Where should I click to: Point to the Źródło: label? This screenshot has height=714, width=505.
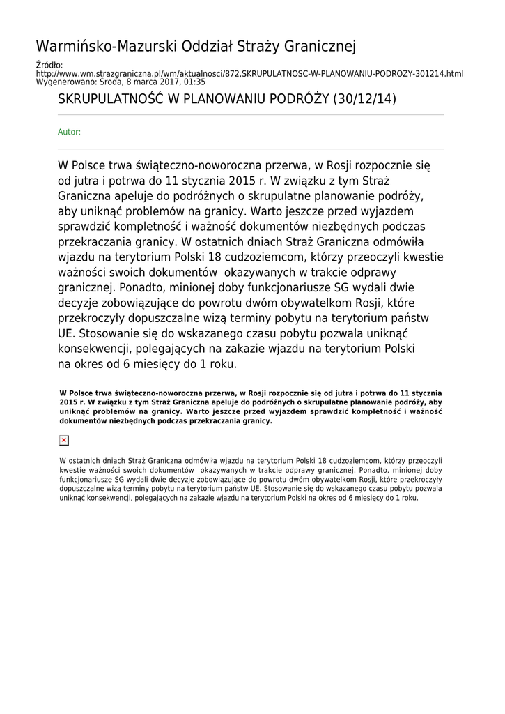[49, 66]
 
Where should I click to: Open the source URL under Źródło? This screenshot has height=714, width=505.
[249, 73]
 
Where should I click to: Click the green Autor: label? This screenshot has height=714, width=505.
[69, 132]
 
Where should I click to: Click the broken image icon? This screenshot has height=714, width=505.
[64, 440]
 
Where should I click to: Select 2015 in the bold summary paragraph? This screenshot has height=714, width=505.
[68, 403]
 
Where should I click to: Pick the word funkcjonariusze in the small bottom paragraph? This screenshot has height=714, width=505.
[84, 480]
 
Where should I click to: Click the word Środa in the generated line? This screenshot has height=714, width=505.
[114, 82]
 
